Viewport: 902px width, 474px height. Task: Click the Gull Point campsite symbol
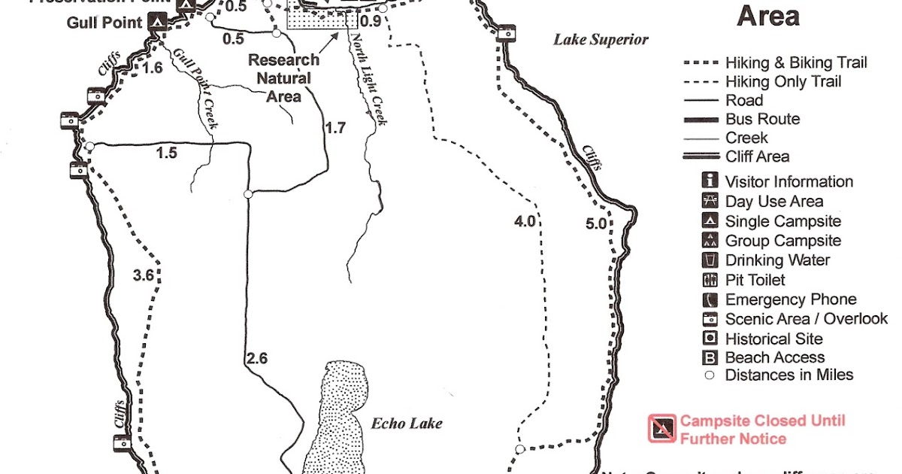pyautogui.click(x=157, y=22)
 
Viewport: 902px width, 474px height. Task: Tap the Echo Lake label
pyautogui.click(x=407, y=423)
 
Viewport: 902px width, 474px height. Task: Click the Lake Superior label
pyautogui.click(x=601, y=40)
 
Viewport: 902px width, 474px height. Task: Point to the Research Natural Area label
pyautogui.click(x=283, y=77)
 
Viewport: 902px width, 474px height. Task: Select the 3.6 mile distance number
pyautogui.click(x=143, y=276)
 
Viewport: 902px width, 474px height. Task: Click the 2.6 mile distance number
pyautogui.click(x=256, y=358)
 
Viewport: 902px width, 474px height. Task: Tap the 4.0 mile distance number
pyautogui.click(x=525, y=221)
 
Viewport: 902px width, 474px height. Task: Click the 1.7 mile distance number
pyautogui.click(x=335, y=128)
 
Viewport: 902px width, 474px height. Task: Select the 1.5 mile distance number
pyautogui.click(x=166, y=153)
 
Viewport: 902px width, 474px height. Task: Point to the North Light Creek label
pyautogui.click(x=368, y=81)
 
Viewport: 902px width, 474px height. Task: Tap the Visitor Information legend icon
pyautogui.click(x=710, y=181)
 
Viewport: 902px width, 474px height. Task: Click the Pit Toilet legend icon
pyautogui.click(x=710, y=280)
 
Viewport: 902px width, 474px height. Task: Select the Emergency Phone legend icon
pyautogui.click(x=710, y=299)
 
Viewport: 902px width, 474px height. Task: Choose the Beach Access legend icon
pyautogui.click(x=710, y=358)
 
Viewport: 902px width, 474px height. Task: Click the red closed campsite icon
pyautogui.click(x=660, y=429)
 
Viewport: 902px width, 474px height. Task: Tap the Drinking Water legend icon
pyautogui.click(x=710, y=260)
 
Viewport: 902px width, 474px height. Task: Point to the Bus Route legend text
pyautogui.click(x=762, y=119)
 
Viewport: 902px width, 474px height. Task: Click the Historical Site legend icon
pyautogui.click(x=710, y=339)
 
